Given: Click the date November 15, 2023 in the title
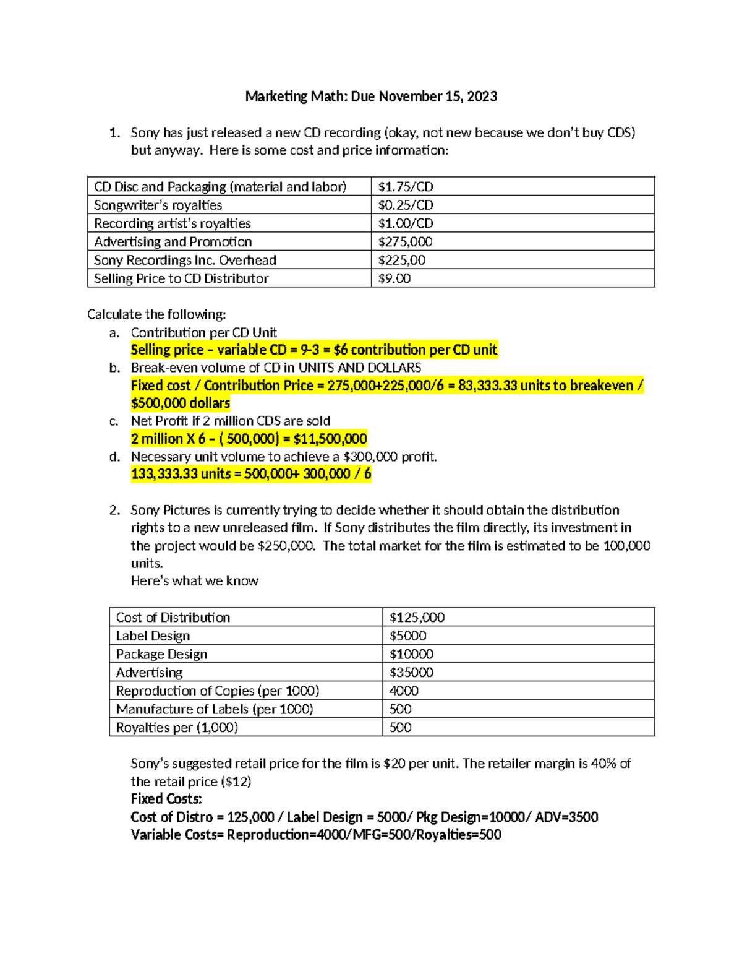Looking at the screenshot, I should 438,97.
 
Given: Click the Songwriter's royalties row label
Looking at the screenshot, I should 158,205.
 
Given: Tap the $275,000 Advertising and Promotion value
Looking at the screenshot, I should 405,242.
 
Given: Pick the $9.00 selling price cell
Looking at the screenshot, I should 394,278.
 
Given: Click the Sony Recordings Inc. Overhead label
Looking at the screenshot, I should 185,261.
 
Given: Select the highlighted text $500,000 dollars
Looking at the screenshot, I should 180,403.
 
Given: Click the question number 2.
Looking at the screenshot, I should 114,511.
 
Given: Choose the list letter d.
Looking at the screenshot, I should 114,457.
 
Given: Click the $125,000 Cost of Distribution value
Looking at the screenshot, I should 417,618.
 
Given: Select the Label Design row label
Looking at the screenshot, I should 153,636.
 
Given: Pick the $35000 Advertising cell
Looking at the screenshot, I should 411,673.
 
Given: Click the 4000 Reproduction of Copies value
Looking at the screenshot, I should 404,691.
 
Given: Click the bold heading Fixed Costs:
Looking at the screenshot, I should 166,799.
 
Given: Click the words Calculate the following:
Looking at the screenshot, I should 156,314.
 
